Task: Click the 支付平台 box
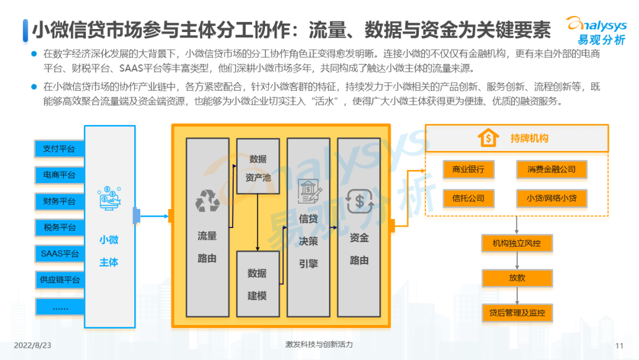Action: coord(59,149)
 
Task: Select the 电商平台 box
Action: coord(59,175)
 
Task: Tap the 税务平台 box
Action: coord(59,227)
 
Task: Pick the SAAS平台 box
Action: coord(59,253)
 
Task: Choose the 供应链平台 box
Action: coord(59,279)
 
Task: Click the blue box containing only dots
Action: coord(59,307)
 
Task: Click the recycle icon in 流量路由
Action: coord(207,201)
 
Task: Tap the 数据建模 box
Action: coord(257,284)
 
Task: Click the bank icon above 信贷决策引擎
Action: coord(309,191)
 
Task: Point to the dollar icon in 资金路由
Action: coord(359,201)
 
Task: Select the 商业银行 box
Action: coord(468,170)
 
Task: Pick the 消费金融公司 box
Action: coord(551,170)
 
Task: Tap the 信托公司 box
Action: coord(468,198)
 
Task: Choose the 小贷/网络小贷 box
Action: coord(551,198)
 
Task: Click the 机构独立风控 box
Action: coord(517,243)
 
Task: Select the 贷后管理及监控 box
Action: coord(517,313)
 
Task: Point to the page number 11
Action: coord(619,346)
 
